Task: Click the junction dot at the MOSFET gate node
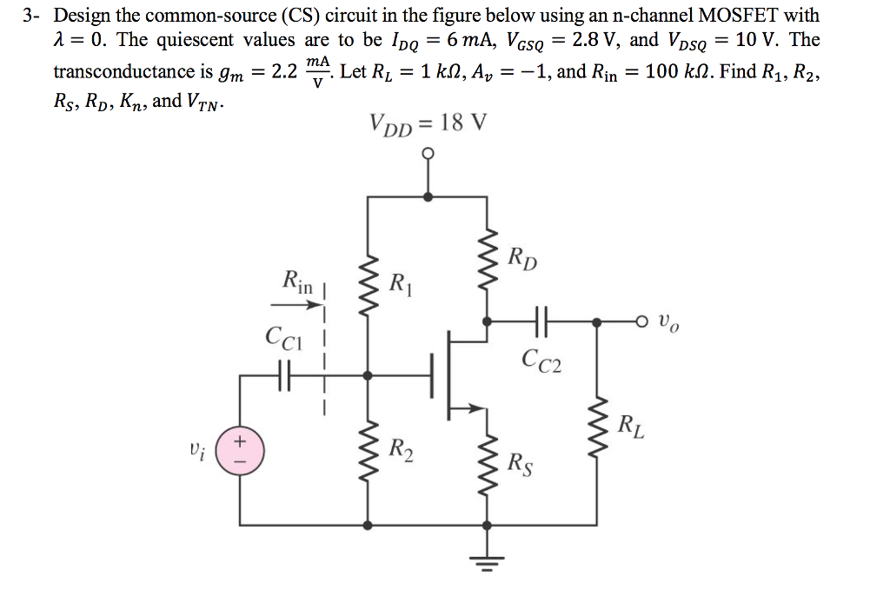pyautogui.click(x=369, y=375)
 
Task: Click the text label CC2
pyautogui.click(x=542, y=359)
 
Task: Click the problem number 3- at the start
pyautogui.click(x=32, y=16)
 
